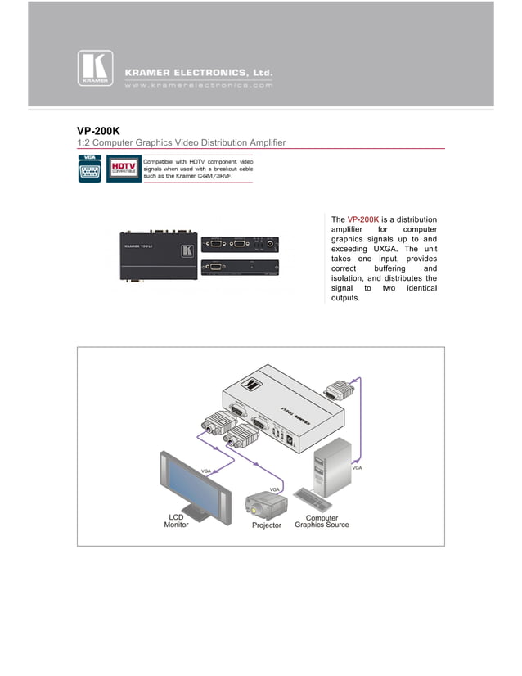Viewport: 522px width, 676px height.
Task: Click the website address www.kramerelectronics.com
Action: point(198,84)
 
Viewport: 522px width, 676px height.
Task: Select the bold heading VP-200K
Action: point(98,129)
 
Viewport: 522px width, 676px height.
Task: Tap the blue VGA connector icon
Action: point(90,169)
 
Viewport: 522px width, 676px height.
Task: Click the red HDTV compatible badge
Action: point(123,169)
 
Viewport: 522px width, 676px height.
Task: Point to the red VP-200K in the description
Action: point(363,219)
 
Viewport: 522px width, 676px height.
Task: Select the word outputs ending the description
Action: point(344,298)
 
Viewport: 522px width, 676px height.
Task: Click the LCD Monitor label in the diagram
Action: point(176,521)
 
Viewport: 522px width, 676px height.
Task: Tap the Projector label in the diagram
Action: point(267,525)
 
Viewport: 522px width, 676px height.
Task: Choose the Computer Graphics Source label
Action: point(322,521)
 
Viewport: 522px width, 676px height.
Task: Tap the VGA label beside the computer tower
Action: point(357,468)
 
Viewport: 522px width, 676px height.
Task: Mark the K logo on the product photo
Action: point(187,250)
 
